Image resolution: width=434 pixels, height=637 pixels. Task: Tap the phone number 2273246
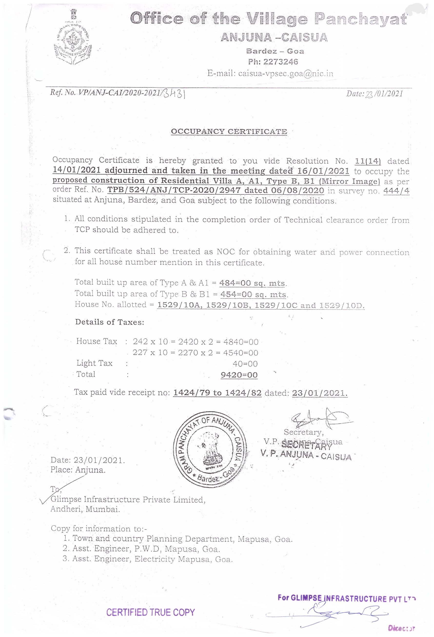pos(280,62)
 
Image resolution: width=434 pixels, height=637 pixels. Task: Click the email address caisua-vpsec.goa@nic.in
pos(286,73)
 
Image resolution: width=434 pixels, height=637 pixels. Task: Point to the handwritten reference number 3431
pos(174,94)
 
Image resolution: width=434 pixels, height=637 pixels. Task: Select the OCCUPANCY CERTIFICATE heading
pos(229,132)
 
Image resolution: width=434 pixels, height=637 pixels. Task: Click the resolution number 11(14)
pos(368,161)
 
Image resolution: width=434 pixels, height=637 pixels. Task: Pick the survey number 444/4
pos(396,191)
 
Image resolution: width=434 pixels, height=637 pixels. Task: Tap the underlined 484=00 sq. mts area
pos(252,283)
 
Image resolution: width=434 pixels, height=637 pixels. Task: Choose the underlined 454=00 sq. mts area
pos(253,294)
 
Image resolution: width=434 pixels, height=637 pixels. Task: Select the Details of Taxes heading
pos(110,322)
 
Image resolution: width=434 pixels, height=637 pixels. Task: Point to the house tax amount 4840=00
pos(241,342)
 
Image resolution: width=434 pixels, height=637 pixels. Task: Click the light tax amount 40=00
pos(245,364)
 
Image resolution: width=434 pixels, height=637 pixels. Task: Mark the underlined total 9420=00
pos(239,375)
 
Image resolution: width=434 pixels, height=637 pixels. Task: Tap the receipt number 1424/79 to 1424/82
pos(217,393)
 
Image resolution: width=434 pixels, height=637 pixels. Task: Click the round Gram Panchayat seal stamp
pos(210,450)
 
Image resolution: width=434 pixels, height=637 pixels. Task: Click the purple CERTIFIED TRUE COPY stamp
pos(150,612)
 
